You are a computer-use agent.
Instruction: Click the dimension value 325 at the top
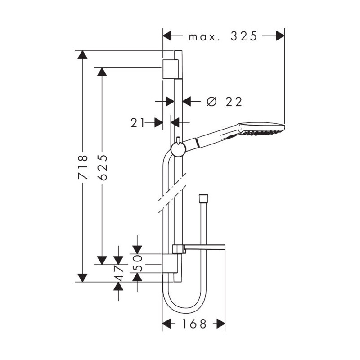tap(244, 36)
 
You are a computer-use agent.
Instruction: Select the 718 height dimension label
tap(83, 167)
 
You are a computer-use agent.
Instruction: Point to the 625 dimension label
tap(102, 167)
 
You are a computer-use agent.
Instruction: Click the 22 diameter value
tap(234, 102)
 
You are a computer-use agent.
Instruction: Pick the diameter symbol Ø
tap(211, 102)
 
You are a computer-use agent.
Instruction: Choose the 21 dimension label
tap(138, 123)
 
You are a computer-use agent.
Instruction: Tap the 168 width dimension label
tap(194, 324)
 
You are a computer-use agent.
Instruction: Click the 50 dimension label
tap(137, 263)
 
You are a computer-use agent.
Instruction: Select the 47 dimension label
tap(118, 274)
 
